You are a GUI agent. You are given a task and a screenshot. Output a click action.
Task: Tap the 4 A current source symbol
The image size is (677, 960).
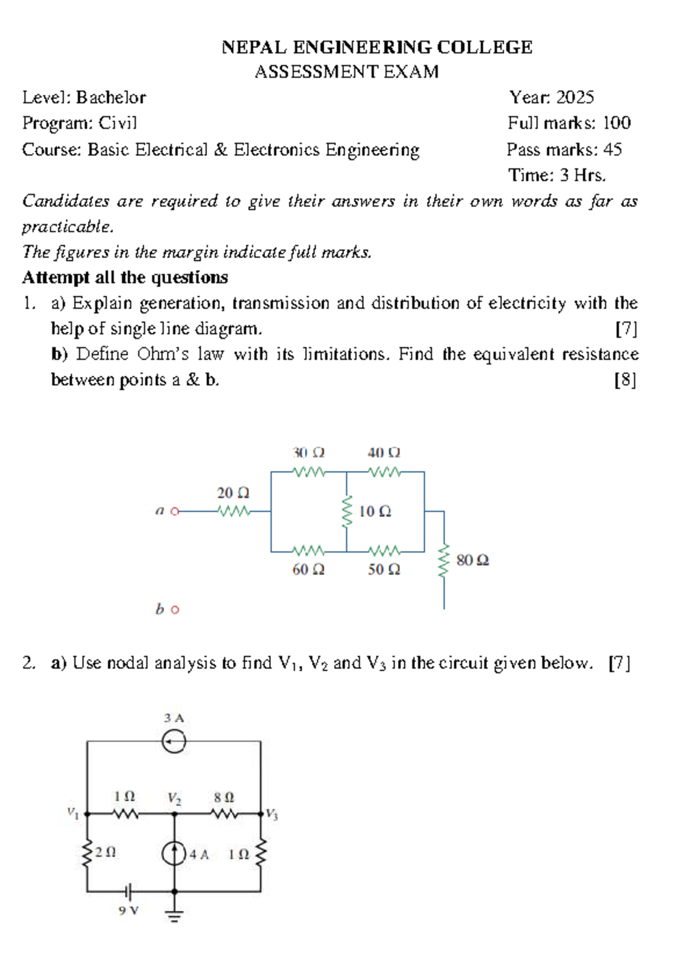click(174, 853)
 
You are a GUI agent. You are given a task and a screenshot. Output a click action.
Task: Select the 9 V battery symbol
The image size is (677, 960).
click(129, 892)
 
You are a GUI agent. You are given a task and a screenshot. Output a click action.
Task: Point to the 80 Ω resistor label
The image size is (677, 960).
click(472, 561)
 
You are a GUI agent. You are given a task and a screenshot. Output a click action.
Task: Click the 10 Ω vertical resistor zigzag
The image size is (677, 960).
click(346, 512)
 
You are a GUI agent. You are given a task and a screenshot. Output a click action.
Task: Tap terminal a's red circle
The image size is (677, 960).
click(175, 512)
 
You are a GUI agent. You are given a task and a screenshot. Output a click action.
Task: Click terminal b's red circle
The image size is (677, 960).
click(175, 610)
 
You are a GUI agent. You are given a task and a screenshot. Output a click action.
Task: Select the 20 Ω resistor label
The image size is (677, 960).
click(233, 493)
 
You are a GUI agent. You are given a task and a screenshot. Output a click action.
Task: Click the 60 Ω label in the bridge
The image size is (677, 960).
click(308, 570)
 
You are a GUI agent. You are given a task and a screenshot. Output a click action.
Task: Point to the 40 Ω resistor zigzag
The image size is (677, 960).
click(384, 472)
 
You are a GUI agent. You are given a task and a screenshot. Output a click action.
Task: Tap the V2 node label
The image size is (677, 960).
click(174, 798)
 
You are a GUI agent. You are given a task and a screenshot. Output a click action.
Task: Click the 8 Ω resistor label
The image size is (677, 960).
click(223, 798)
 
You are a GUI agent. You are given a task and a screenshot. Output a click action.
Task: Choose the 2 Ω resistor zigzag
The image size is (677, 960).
click(87, 854)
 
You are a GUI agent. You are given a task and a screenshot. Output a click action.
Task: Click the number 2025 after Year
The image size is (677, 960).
click(575, 98)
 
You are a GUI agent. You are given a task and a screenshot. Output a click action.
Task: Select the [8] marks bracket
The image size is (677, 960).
click(625, 380)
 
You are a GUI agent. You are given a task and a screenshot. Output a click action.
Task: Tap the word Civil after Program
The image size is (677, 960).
click(118, 123)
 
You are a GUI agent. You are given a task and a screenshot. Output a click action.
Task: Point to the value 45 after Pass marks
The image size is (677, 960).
click(612, 149)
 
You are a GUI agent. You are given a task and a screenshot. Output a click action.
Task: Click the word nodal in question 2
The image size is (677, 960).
click(128, 663)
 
